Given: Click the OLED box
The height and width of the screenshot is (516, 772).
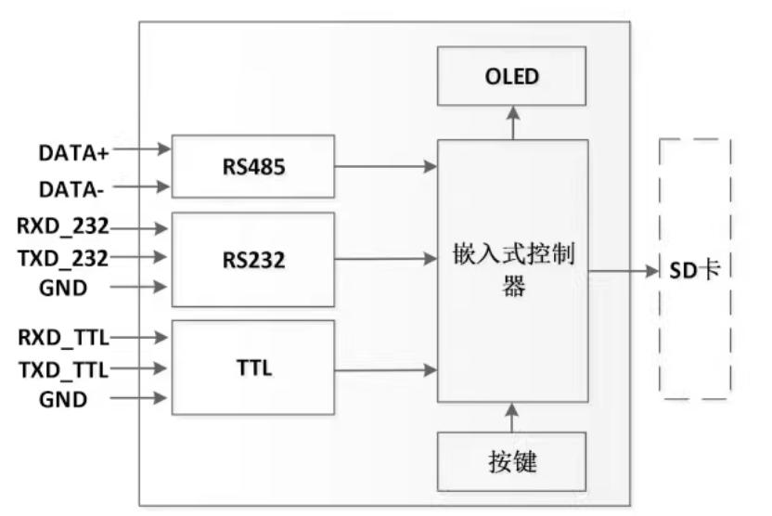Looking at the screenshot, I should (511, 75).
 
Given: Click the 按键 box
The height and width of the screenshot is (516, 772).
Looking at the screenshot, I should (511, 461).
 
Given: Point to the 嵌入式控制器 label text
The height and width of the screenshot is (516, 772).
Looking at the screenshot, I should (512, 270).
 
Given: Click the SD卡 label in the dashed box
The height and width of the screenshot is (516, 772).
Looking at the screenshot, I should (695, 271).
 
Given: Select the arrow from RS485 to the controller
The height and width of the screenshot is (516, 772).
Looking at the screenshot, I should (385, 168).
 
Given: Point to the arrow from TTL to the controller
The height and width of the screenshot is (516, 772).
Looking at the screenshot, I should (385, 370).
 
